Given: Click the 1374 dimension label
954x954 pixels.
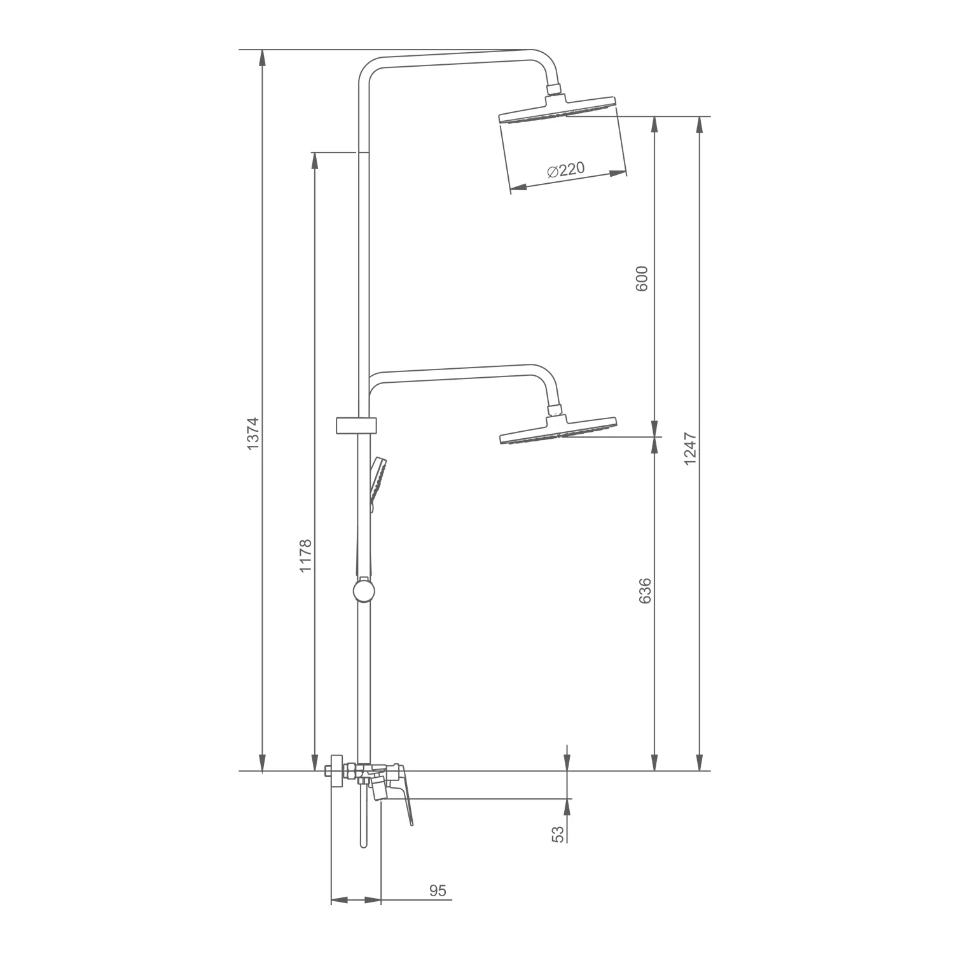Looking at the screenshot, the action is pyautogui.click(x=253, y=434).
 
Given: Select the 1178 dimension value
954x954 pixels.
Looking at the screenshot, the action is pyautogui.click(x=306, y=555).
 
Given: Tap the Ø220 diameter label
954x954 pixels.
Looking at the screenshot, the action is pyautogui.click(x=565, y=170).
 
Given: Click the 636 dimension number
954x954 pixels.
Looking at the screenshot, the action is pyautogui.click(x=645, y=591).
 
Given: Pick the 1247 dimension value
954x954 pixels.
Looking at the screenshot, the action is pyautogui.click(x=691, y=449).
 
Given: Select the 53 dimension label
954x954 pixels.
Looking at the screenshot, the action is pyautogui.click(x=558, y=834).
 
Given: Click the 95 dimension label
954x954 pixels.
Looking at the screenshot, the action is pyautogui.click(x=438, y=890).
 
